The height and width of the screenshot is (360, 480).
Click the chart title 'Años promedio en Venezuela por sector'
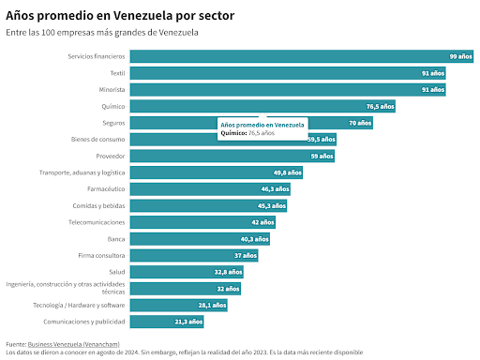point(120,16)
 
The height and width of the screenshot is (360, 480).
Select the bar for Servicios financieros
point(302,56)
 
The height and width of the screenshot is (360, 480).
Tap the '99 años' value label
point(461,56)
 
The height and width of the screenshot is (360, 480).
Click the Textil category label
point(117,73)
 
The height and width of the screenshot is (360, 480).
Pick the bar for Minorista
point(288,90)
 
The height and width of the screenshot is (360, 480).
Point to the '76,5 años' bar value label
point(381,107)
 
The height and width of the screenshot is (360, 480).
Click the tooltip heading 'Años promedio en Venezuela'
point(262,125)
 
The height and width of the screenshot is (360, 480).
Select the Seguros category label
point(113,123)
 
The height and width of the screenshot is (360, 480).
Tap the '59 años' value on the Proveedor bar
point(322,157)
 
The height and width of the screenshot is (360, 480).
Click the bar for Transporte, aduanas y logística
point(217,172)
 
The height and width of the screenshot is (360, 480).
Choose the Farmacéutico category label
point(106,189)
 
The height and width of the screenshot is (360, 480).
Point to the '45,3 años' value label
point(272,206)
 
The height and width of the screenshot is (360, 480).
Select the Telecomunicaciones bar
point(202,222)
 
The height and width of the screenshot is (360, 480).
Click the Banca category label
point(116,239)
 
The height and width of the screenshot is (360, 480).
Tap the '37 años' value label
point(246,256)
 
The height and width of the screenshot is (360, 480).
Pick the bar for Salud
point(187,272)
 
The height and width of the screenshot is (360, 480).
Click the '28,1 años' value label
point(212,306)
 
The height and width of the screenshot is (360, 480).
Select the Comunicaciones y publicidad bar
point(167,322)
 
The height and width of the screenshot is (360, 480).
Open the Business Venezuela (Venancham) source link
point(74,344)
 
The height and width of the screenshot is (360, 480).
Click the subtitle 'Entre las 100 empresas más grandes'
point(76,33)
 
